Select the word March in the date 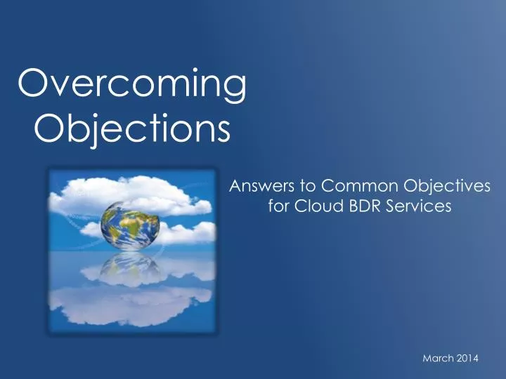pyautogui.click(x=437, y=359)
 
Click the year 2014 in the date pyautogui.click(x=467, y=359)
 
